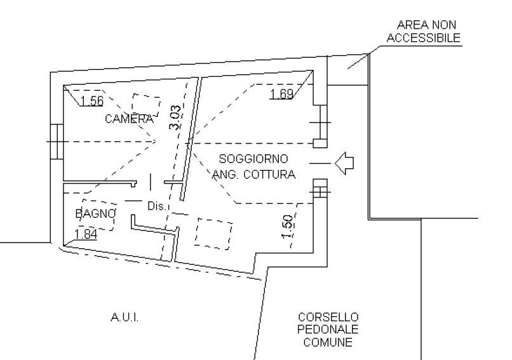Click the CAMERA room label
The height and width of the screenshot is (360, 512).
tap(129, 119)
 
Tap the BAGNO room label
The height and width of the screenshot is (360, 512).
tap(96, 214)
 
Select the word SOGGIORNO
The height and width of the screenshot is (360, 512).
tap(253, 159)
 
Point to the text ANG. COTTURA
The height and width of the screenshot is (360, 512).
tap(253, 175)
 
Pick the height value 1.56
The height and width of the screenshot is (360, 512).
tap(91, 101)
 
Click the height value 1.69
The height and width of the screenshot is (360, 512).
tap(281, 94)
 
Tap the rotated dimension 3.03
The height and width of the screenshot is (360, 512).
tap(175, 117)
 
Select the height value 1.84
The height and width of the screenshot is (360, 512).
tap(86, 234)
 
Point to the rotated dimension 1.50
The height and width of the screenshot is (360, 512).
tap(287, 227)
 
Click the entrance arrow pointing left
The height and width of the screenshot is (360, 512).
tap(344, 163)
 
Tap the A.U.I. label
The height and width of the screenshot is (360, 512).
tap(125, 317)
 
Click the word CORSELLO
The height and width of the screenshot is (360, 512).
tap(328, 317)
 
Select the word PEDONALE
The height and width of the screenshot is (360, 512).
tap(328, 330)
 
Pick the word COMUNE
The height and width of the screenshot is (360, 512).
tap(328, 342)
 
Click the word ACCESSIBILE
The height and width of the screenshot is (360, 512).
tap(424, 38)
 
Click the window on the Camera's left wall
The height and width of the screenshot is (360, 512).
tap(57, 142)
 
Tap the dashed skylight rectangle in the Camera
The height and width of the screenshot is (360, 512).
tap(146, 105)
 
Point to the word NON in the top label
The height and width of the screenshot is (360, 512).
tap(444, 25)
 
